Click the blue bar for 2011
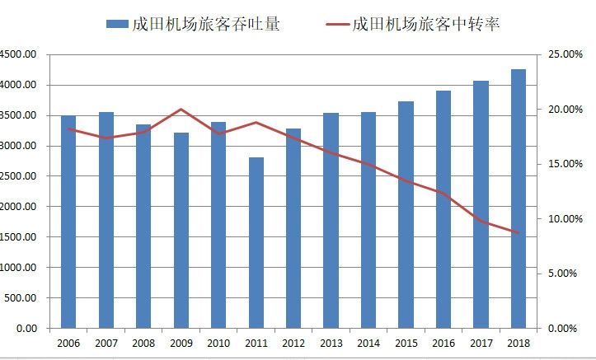256,243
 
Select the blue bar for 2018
519,199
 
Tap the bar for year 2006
68,222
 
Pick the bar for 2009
181,231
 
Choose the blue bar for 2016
443,209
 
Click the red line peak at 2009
181,109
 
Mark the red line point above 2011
256,123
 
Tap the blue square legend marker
117,25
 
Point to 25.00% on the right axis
565,54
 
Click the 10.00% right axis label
565,219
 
